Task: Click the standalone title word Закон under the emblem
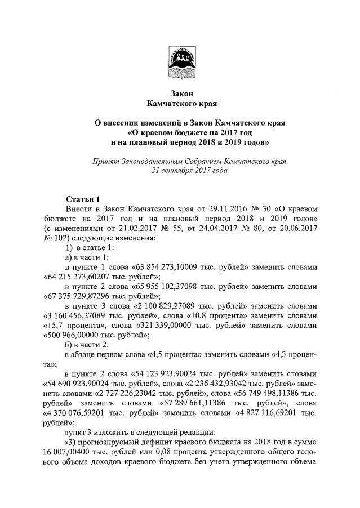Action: click(x=181, y=93)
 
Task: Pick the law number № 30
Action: click(x=259, y=208)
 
